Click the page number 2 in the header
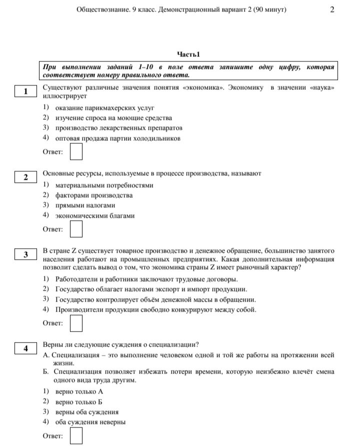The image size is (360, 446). [x=332, y=9]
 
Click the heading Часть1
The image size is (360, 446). [x=188, y=54]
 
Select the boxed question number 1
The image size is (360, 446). [x=26, y=91]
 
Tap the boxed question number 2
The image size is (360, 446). [x=26, y=177]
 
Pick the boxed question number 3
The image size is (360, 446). [x=26, y=255]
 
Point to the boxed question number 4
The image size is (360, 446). [x=26, y=349]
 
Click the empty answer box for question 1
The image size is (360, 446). [x=76, y=152]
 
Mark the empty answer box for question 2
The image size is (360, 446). [x=76, y=229]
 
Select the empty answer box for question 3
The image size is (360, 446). [x=76, y=323]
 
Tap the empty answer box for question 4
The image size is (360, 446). [x=76, y=436]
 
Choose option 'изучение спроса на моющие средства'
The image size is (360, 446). [x=113, y=118]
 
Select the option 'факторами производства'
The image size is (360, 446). [x=94, y=195]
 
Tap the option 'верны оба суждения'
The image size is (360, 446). [x=87, y=412]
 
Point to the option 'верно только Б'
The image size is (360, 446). [x=79, y=402]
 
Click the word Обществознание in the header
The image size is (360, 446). [x=103, y=9]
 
